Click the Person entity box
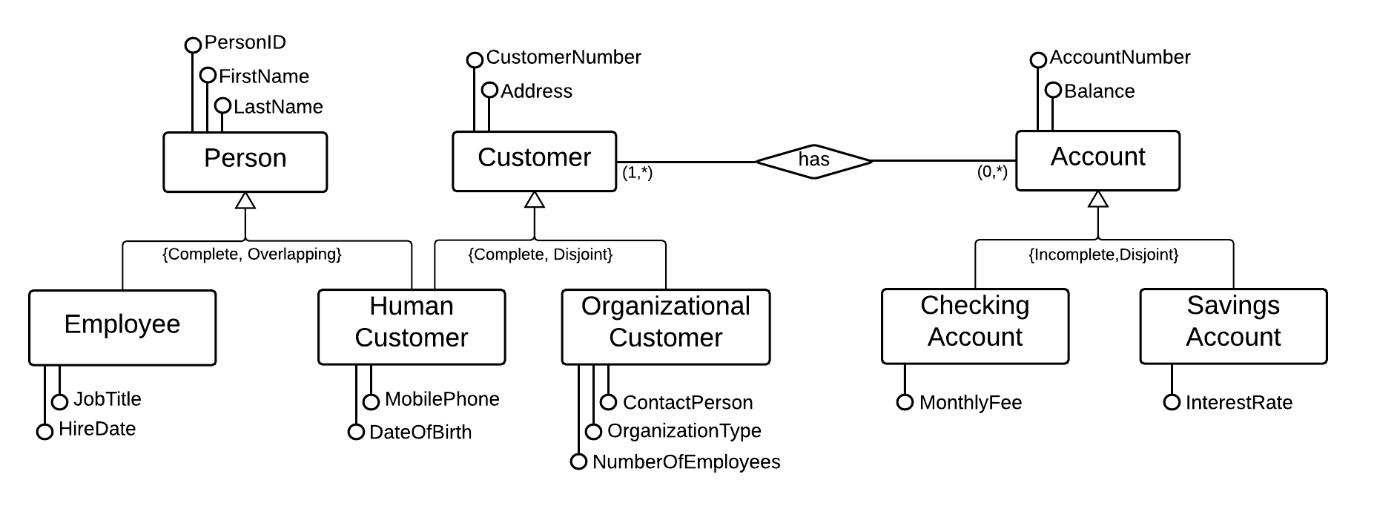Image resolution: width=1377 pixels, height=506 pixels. pos(245,162)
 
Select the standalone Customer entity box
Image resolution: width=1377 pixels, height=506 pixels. pos(534,161)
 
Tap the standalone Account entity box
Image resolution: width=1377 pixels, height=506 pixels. pos(1097,160)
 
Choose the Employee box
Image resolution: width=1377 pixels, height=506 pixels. pos(122,327)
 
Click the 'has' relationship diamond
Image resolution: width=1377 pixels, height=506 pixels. pos(813,160)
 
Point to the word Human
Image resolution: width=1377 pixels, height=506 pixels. pos(411,306)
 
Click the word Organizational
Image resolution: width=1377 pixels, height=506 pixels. pos(665,306)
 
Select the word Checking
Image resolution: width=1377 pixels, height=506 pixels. pos(974,306)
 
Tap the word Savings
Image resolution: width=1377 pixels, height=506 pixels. pos(1233,306)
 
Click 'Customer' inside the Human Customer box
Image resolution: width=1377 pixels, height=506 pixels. pos(411,338)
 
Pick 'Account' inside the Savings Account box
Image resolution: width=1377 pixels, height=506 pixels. pos(1233,338)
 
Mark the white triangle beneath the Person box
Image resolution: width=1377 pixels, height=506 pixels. pos(245,200)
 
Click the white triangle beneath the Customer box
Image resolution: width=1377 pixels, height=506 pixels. pos(534,200)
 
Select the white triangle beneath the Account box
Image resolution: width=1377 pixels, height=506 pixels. pos(1098,199)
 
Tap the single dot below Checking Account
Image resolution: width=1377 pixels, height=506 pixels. pos(905,402)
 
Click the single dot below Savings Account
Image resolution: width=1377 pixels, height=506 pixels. pos(1172,402)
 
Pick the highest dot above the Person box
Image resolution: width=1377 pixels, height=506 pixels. pos(193,45)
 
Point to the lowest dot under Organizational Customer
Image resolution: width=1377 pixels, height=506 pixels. pos(578,461)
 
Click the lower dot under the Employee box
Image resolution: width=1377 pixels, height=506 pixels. pos(44,432)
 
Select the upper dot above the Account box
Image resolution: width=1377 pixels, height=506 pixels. pos(1038,60)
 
